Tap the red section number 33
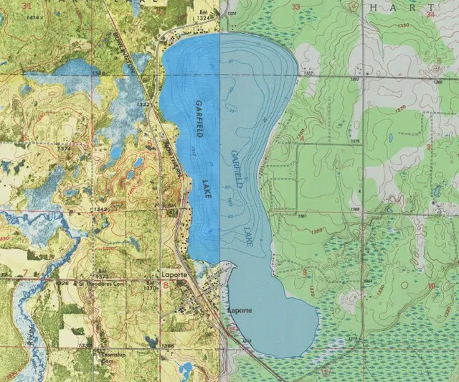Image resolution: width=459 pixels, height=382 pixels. [297, 8]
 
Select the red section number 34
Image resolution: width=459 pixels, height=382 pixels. [430, 14]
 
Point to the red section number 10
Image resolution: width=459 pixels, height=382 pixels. [431, 286]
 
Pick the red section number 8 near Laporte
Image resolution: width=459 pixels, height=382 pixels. [166, 285]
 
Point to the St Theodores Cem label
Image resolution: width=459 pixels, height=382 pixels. [77, 284]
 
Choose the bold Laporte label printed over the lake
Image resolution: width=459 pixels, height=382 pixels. [239, 310]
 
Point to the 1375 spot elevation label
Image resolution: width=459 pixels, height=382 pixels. [354, 141]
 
